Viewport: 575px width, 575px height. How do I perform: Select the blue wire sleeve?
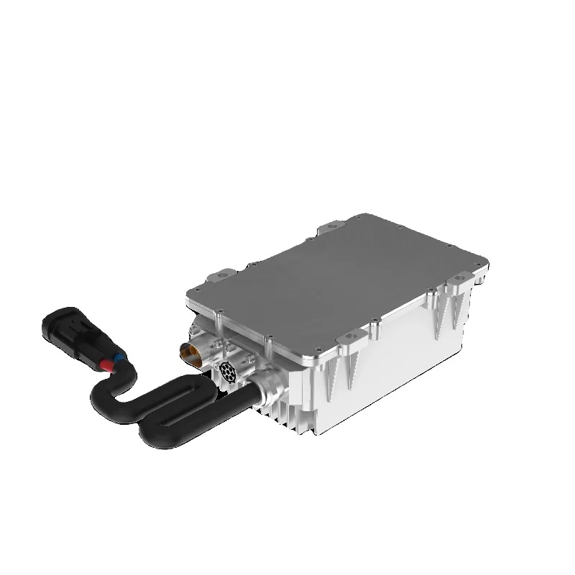tap(116, 356)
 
